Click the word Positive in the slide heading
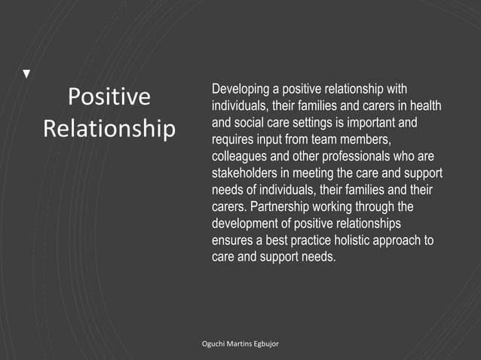tap(109, 97)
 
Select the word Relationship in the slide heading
tap(109, 127)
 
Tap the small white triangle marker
tap(27, 74)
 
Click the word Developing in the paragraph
tap(240, 90)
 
